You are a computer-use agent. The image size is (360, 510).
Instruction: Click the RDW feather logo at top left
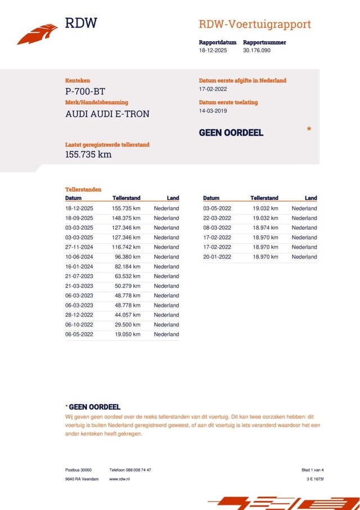[37, 34]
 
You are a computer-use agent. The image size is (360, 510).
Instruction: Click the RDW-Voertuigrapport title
[254, 24]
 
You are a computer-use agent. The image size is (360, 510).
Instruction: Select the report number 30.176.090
[256, 50]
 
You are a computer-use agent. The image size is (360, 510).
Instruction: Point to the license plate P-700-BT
[85, 92]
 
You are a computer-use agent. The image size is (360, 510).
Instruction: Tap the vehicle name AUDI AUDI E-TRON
[107, 114]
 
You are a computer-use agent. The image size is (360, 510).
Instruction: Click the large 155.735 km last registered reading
[88, 154]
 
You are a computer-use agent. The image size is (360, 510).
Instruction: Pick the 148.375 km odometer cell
[127, 218]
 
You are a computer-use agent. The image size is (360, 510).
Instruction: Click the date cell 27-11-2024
[79, 247]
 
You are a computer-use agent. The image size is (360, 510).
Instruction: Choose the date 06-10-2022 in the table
[79, 324]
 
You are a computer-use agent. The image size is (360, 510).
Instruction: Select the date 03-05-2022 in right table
[217, 208]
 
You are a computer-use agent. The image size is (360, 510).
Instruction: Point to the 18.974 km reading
[265, 227]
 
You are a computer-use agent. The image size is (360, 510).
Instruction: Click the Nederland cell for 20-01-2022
[304, 257]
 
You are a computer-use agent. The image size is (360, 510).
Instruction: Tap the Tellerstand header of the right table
[264, 198]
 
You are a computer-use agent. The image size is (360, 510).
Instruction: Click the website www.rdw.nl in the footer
[120, 478]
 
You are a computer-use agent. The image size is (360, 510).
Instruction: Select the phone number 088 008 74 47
[137, 469]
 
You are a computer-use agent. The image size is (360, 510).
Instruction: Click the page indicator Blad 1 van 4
[313, 469]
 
